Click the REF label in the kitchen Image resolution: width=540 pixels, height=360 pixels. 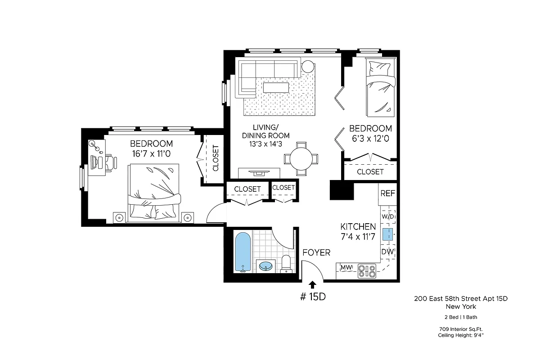tap(388, 193)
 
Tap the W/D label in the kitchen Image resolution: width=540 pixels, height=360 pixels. tap(387, 216)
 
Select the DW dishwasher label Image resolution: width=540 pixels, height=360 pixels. tap(388, 252)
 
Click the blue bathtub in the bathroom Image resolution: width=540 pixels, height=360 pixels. tap(243, 252)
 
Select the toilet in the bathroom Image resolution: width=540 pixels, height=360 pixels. tap(286, 264)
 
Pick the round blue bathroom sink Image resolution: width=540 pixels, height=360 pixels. tap(266, 266)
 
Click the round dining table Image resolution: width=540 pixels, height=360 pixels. tap(301, 158)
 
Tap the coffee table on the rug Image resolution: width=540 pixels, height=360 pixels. tap(276, 87)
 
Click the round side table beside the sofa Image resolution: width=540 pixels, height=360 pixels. tap(308, 67)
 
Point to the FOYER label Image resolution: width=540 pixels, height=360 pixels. tap(316, 252)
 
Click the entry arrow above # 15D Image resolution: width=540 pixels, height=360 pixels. tap(313, 283)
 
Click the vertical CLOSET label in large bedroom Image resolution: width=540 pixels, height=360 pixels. tap(215, 158)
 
